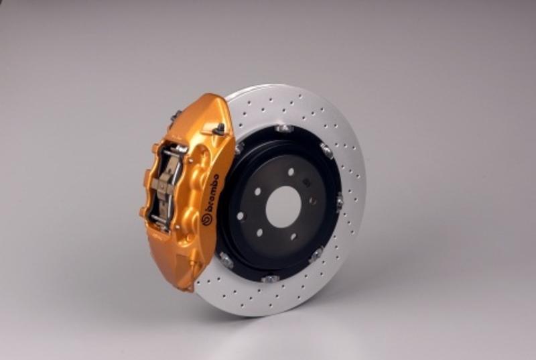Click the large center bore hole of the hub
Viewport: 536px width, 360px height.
pyautogui.click(x=283, y=207)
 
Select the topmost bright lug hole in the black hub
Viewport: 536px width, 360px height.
pyautogui.click(x=291, y=172)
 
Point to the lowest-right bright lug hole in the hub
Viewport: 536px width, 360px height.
pyautogui.click(x=293, y=237)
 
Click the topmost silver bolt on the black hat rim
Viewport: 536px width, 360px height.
pyautogui.click(x=284, y=129)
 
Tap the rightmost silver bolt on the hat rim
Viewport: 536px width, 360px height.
pyautogui.click(x=340, y=202)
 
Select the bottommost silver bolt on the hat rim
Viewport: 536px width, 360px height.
pyautogui.click(x=270, y=279)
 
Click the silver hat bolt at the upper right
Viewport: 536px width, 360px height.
pyautogui.click(x=327, y=150)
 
